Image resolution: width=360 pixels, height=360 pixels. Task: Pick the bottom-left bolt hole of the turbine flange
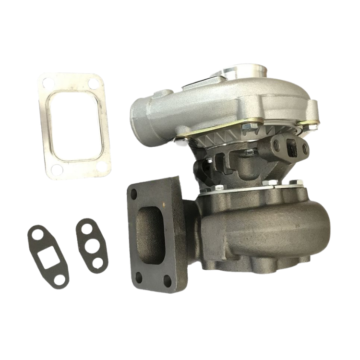click(140, 276)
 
